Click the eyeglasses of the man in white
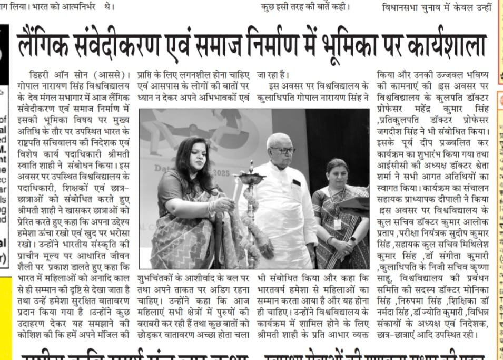283,151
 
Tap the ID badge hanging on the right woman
337,223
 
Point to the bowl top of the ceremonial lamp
250,180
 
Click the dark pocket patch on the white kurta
297,183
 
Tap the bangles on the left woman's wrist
212,208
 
